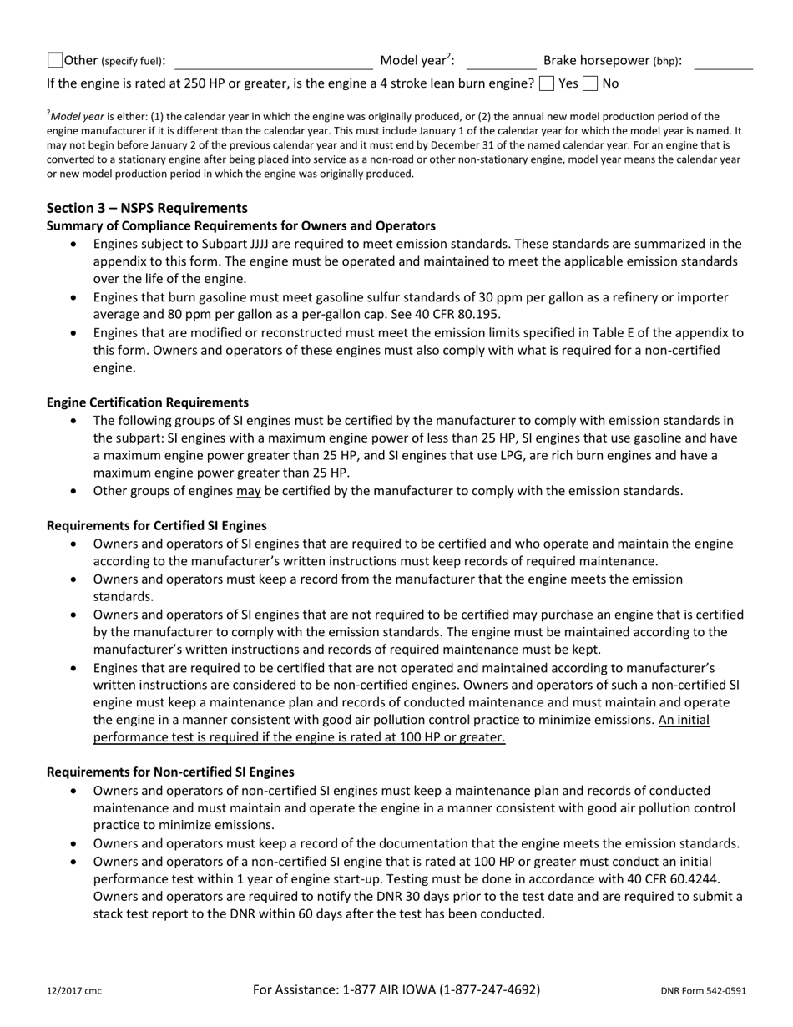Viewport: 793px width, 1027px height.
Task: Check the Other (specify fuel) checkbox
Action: (55, 60)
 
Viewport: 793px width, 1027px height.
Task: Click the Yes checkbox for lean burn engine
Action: (546, 83)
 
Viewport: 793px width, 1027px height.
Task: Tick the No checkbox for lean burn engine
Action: (590, 83)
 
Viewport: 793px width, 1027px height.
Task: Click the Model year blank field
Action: (501, 61)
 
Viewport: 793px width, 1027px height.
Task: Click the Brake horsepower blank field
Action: (723, 61)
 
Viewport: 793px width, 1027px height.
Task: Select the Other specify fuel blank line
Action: (273, 62)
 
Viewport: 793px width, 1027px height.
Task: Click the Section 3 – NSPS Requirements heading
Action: (147, 208)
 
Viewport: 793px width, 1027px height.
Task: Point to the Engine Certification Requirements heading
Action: (147, 402)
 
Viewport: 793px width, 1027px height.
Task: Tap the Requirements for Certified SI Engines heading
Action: (157, 525)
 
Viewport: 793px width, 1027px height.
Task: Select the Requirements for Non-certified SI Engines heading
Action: (170, 772)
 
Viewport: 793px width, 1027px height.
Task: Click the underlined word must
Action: (308, 421)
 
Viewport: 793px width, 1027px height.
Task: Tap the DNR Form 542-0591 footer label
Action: (703, 991)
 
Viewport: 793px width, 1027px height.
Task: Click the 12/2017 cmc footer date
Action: (74, 991)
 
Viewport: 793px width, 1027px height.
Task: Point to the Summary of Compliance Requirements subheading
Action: (240, 225)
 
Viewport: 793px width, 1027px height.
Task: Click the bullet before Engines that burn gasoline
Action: (76, 298)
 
